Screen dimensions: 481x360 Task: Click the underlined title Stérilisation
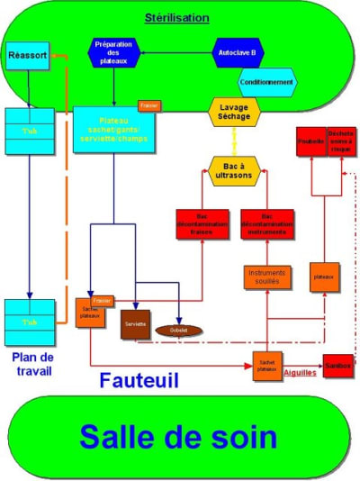pyautogui.click(x=177, y=17)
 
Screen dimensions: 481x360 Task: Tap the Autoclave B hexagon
pyautogui.click(x=237, y=52)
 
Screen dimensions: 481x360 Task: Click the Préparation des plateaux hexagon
pyautogui.click(x=115, y=51)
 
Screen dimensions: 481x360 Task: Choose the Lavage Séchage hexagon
pyautogui.click(x=234, y=112)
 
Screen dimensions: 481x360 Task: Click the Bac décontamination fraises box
pyautogui.click(x=202, y=223)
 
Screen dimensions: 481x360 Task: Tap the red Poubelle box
pyautogui.click(x=311, y=142)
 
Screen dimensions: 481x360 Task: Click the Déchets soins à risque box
pyautogui.click(x=341, y=142)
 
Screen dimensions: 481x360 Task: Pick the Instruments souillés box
pyautogui.click(x=268, y=277)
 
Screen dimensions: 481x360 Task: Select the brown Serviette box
pyautogui.click(x=136, y=323)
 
